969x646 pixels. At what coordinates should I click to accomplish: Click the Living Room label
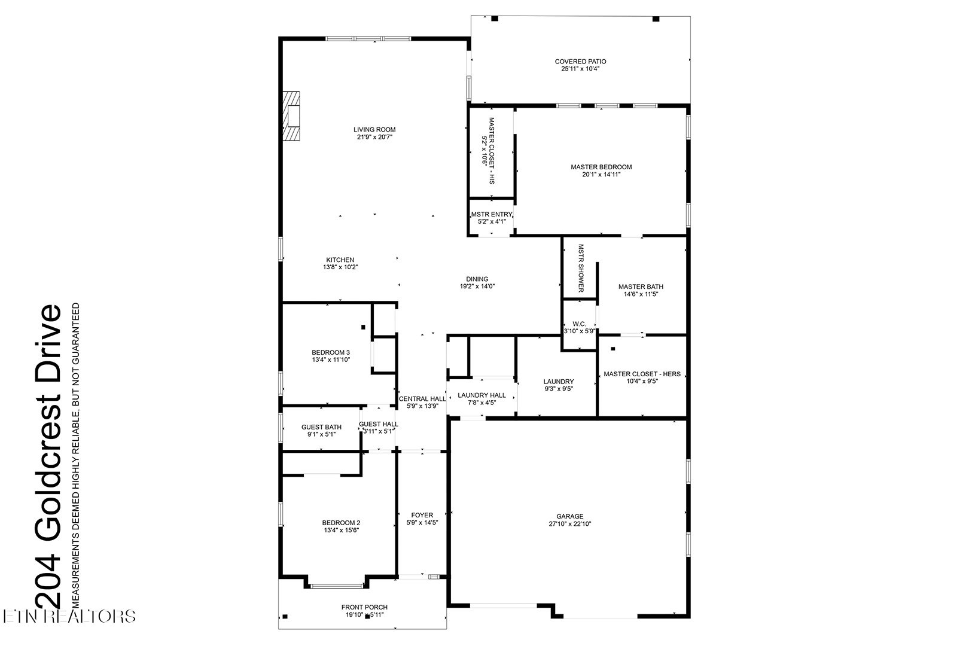pyautogui.click(x=374, y=130)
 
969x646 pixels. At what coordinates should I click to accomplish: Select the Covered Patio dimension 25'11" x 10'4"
pyautogui.click(x=580, y=69)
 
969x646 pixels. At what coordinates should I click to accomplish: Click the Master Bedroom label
pyautogui.click(x=601, y=167)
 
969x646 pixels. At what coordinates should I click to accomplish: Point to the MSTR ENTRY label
pyautogui.click(x=491, y=214)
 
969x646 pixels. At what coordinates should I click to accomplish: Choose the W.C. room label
pyautogui.click(x=579, y=324)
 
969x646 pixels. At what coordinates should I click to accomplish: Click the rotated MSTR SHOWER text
pyautogui.click(x=580, y=268)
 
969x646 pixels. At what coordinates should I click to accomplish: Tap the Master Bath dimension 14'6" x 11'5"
pyautogui.click(x=640, y=294)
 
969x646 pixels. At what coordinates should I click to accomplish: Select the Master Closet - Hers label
pyautogui.click(x=642, y=374)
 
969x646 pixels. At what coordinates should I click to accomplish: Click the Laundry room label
pyautogui.click(x=558, y=382)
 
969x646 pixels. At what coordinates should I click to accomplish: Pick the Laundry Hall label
pyautogui.click(x=482, y=395)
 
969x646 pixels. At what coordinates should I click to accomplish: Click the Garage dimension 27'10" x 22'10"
pyautogui.click(x=569, y=524)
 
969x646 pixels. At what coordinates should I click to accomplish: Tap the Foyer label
pyautogui.click(x=422, y=515)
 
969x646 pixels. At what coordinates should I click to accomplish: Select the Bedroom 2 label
pyautogui.click(x=341, y=522)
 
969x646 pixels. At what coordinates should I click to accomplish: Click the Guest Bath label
pyautogui.click(x=321, y=427)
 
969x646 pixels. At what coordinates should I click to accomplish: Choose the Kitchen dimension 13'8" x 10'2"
pyautogui.click(x=340, y=267)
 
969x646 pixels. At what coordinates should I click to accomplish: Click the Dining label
pyautogui.click(x=477, y=279)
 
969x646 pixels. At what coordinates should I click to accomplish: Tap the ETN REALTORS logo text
pyautogui.click(x=68, y=616)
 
